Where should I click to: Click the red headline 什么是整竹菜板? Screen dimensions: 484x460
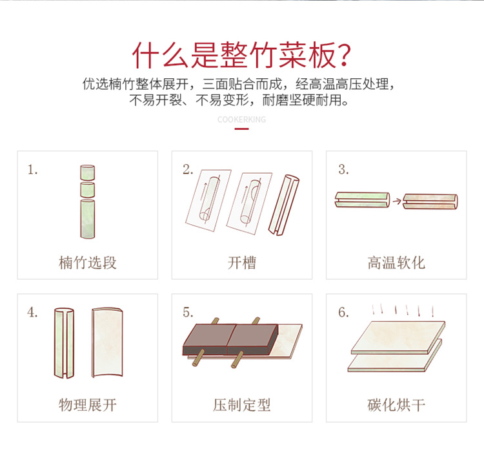(242, 56)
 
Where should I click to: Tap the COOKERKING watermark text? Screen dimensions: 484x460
(241, 120)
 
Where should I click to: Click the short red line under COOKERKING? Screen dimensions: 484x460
(242, 129)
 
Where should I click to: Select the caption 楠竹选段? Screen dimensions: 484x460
(88, 263)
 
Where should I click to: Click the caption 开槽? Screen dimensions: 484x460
(242, 263)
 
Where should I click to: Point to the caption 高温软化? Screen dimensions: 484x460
(396, 263)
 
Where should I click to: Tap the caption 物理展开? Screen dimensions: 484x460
(88, 405)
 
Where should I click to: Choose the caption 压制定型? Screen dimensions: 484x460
(242, 405)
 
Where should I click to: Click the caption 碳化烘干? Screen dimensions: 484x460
(396, 405)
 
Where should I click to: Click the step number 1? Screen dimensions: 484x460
(32, 170)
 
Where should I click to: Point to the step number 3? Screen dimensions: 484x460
(343, 169)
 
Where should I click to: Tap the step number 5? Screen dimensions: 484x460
(188, 312)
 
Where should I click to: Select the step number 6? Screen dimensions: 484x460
(343, 312)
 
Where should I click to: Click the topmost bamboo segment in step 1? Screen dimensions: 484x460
(88, 172)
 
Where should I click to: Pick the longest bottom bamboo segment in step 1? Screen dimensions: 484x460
(88, 219)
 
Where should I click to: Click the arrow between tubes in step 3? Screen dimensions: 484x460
(397, 201)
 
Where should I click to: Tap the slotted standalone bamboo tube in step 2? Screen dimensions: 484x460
(284, 205)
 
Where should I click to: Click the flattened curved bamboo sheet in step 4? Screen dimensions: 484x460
(107, 342)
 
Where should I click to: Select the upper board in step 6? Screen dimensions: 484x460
(398, 337)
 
